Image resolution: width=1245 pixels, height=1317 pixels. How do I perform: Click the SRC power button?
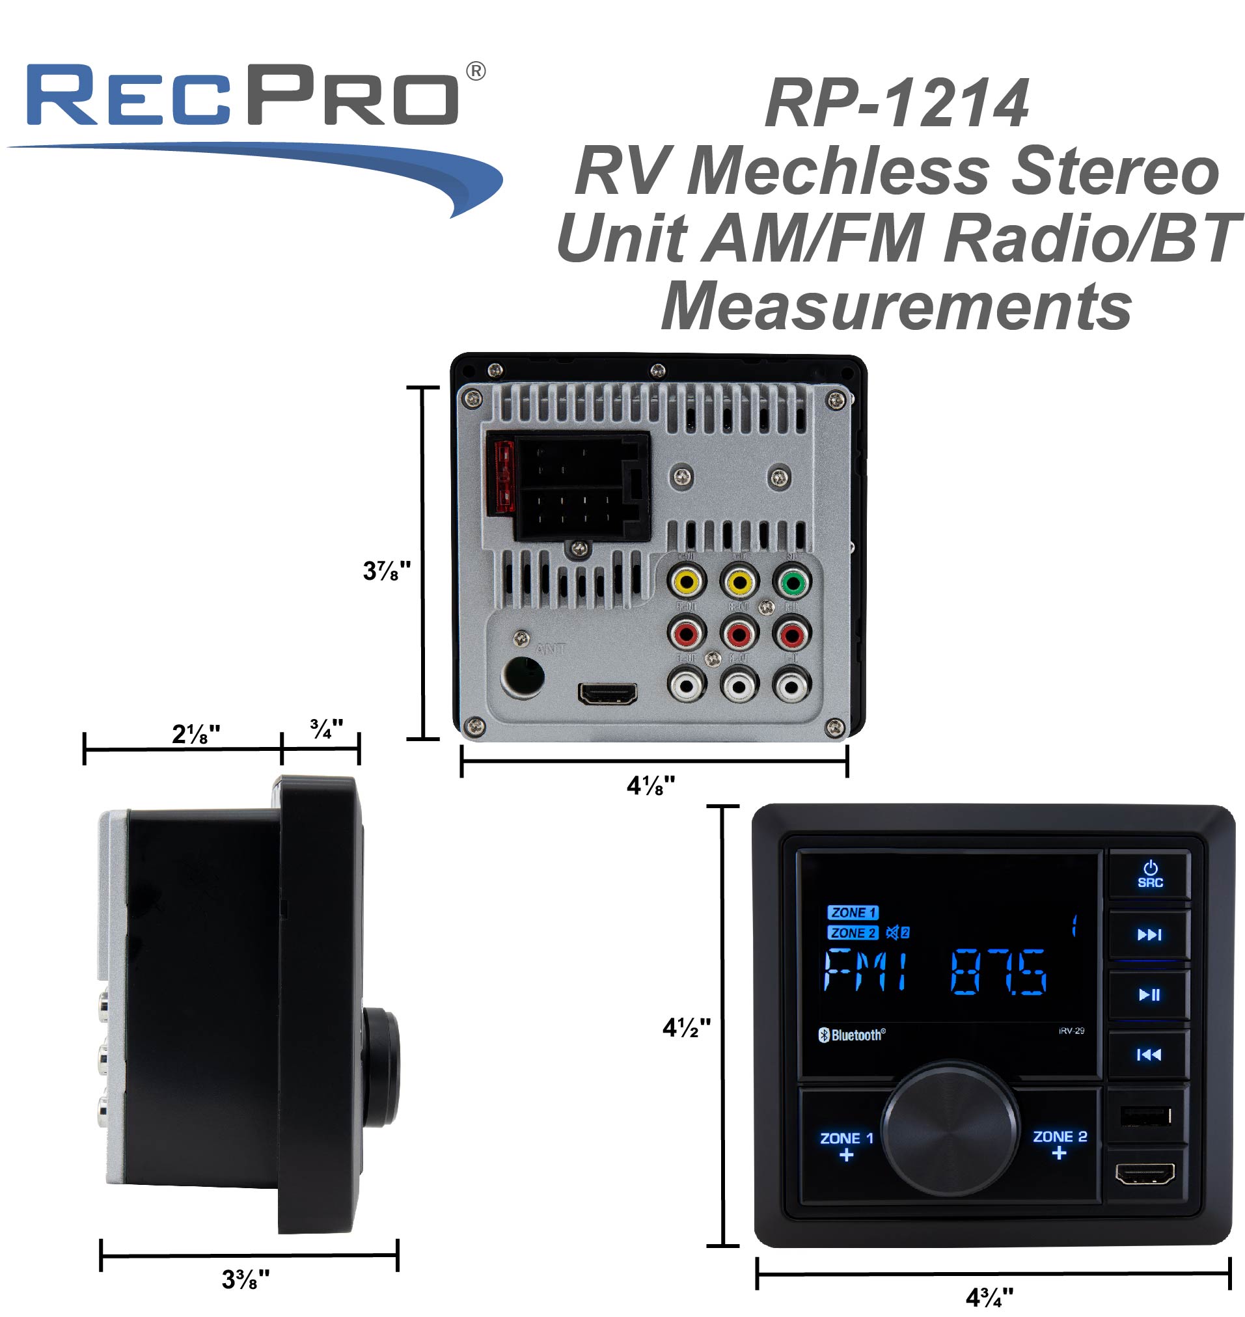(x=1149, y=875)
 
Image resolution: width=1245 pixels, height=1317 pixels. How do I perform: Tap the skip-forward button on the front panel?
(x=1149, y=935)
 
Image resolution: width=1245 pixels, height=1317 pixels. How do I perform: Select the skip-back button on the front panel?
(x=1149, y=1054)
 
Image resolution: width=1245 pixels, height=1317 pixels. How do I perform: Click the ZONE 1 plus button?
(x=846, y=1146)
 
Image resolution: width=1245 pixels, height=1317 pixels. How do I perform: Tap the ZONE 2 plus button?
(x=1059, y=1145)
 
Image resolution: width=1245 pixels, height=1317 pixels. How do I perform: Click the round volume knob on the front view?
(x=950, y=1128)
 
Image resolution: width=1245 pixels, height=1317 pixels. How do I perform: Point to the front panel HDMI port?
(x=1145, y=1174)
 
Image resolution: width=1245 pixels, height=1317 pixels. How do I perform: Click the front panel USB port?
(x=1145, y=1116)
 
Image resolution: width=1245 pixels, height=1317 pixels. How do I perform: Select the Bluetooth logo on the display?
(x=851, y=1035)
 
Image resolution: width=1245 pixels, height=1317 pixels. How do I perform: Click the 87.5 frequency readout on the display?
(x=999, y=972)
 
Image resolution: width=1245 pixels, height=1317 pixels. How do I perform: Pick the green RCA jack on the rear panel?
(x=791, y=582)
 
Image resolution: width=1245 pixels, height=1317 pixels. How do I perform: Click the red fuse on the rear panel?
(x=502, y=477)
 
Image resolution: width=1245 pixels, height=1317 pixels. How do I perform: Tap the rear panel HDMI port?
(x=607, y=694)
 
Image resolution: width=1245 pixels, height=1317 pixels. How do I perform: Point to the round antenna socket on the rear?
(x=524, y=677)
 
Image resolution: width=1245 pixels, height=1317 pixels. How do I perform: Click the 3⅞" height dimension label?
(x=386, y=571)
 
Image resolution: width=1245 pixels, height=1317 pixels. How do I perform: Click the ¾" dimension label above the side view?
(x=326, y=728)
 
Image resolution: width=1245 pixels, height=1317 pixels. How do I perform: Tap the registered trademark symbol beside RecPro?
(x=476, y=71)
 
